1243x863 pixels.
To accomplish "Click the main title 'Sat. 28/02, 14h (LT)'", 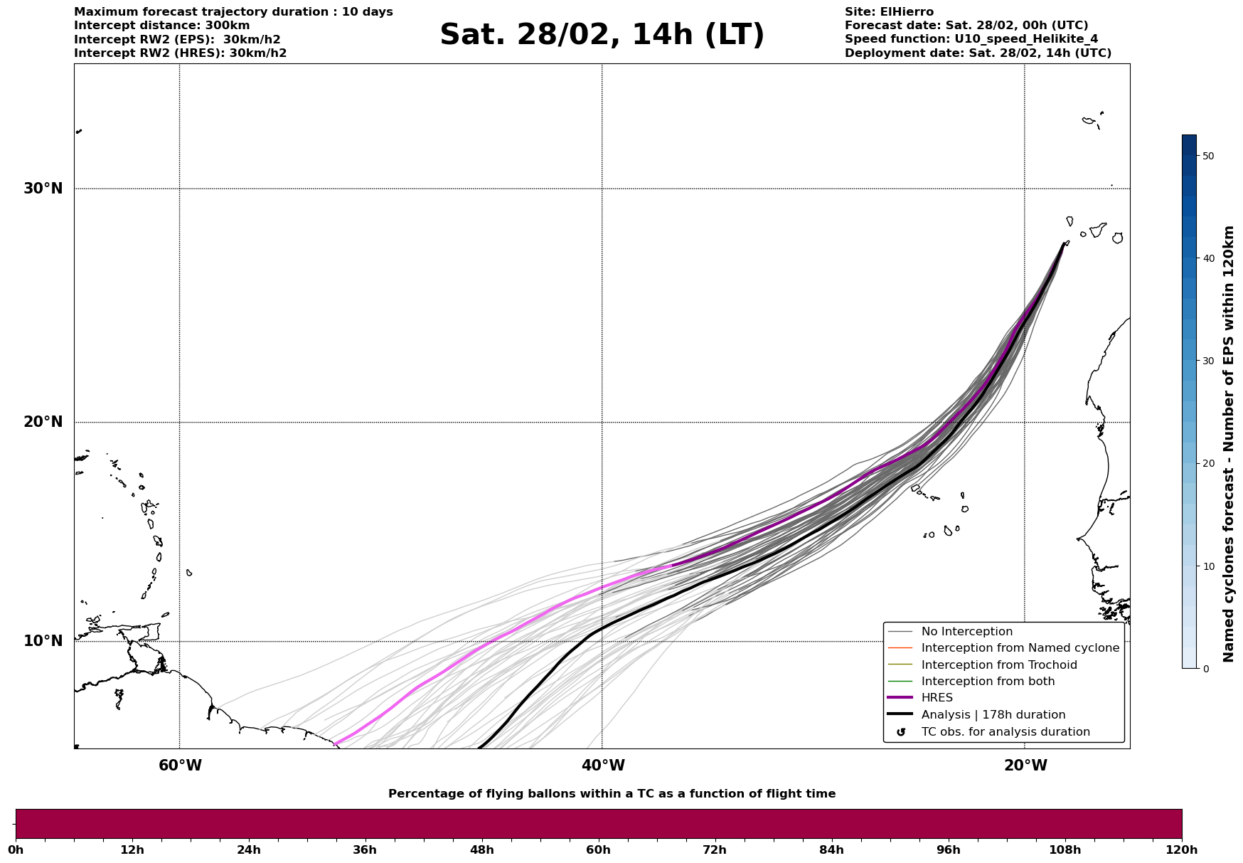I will coord(602,35).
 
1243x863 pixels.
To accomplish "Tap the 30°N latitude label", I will coord(43,189).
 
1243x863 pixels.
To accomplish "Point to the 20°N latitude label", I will coord(43,422).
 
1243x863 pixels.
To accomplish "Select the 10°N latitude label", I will coord(43,641).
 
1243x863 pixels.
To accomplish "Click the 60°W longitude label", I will coord(180,766).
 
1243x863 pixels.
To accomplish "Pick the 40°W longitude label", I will coord(603,766).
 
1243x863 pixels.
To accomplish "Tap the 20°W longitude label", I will coord(1025,766).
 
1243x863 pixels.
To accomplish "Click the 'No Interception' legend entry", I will coord(966,632).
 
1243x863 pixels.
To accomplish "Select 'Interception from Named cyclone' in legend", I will coord(1020,648).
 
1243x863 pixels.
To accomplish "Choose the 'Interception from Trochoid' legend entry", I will coord(998,665).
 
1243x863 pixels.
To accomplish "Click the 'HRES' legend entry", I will coord(937,698).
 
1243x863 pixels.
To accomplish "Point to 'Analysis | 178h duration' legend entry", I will coord(993,715).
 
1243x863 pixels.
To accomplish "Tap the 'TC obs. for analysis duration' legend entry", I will coord(1005,732).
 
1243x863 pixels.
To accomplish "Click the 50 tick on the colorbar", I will coord(1206,156).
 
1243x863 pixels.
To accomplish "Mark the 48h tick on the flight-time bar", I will coord(481,849).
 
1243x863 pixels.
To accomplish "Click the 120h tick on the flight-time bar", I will coord(1181,849).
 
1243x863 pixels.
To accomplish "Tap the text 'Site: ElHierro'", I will coord(889,12).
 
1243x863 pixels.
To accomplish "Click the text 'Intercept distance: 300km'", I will coord(162,26).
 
